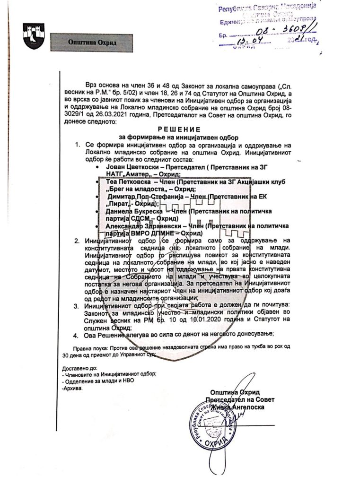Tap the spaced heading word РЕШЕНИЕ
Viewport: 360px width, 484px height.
point(179,129)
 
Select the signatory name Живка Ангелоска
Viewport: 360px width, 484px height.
point(238,406)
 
